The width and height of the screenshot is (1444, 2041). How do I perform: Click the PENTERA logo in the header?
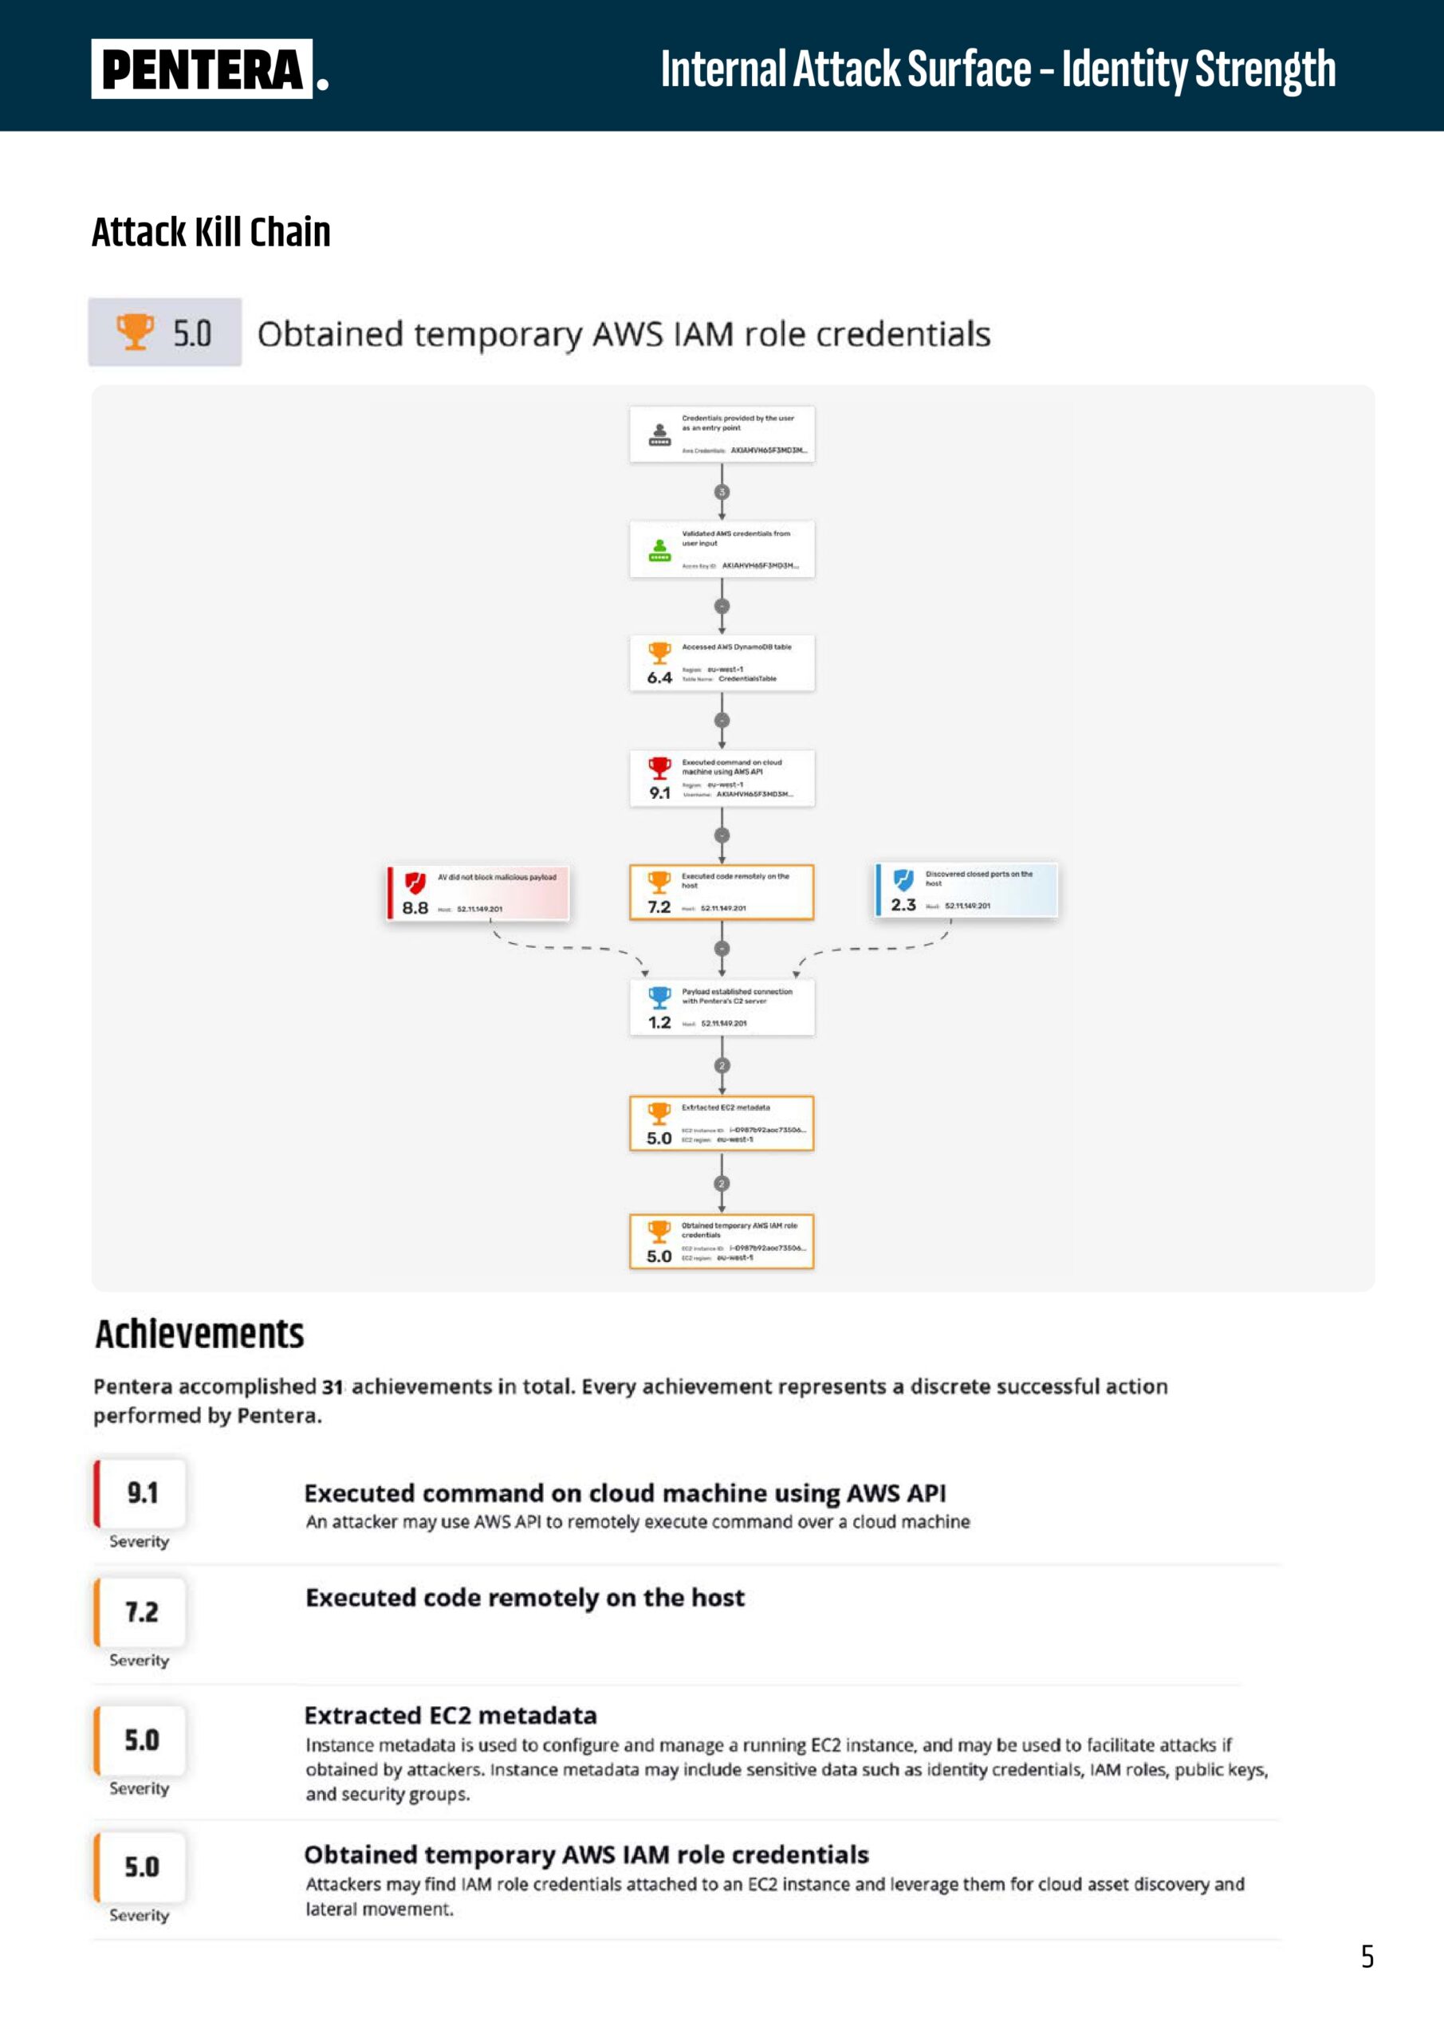point(203,69)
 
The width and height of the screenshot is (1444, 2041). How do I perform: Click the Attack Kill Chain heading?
point(211,232)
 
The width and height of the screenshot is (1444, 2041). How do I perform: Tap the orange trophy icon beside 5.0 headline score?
point(136,332)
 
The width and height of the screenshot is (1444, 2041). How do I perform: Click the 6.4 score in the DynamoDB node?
point(659,678)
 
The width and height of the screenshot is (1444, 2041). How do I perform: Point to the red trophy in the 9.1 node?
point(659,767)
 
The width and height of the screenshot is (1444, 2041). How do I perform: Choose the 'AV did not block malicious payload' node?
point(478,892)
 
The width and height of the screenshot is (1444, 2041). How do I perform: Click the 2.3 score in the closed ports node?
point(903,905)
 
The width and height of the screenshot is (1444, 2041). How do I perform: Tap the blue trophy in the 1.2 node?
point(659,997)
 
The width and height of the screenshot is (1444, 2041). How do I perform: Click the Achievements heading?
point(199,1335)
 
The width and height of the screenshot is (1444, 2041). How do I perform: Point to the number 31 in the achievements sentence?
point(332,1386)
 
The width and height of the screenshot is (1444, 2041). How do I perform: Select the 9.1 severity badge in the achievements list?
point(141,1493)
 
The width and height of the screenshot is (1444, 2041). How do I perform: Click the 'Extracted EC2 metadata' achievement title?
point(450,1716)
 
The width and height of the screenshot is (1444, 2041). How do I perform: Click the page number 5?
point(1367,1956)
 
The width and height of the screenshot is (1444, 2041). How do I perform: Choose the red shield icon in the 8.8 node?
point(415,882)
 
